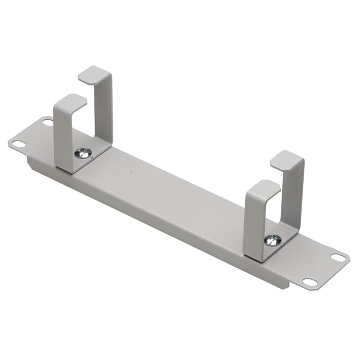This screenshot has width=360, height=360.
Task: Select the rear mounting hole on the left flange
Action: tap(47, 122)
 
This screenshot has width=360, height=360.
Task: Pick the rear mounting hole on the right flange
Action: tap(335, 257)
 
